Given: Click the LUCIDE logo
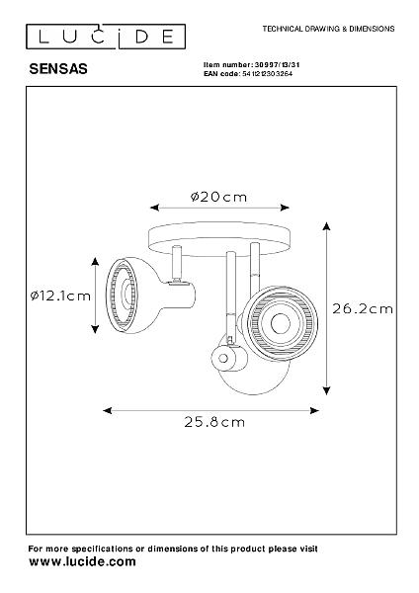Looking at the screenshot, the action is (x=106, y=37).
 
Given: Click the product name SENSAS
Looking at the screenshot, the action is (x=58, y=69).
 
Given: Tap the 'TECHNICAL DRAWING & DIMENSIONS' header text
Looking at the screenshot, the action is (x=328, y=29).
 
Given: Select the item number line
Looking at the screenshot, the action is (x=251, y=65).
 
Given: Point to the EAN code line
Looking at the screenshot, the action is (x=248, y=74).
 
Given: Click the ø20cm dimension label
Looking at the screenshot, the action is (x=218, y=197).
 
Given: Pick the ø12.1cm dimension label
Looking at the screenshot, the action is (x=60, y=296).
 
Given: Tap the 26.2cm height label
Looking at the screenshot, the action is (x=363, y=309).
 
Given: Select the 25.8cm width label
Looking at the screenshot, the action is (x=214, y=422).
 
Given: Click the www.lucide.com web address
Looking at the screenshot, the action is (x=82, y=561).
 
